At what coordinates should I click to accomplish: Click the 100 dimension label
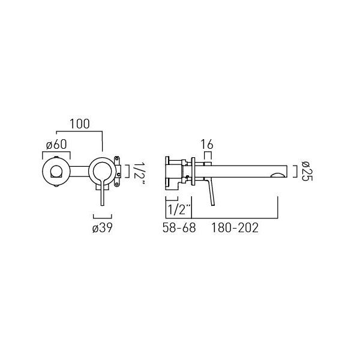click(x=79, y=124)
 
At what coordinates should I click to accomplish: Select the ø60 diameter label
click(x=56, y=145)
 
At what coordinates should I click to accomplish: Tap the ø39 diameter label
click(x=103, y=228)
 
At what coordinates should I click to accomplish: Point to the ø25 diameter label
click(x=307, y=171)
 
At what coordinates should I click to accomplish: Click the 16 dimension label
click(x=207, y=145)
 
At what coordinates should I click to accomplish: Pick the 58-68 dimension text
click(x=179, y=228)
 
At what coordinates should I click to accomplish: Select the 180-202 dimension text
click(x=235, y=228)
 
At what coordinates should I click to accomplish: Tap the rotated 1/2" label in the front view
click(x=139, y=174)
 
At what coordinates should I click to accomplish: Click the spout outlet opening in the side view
click(x=278, y=175)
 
